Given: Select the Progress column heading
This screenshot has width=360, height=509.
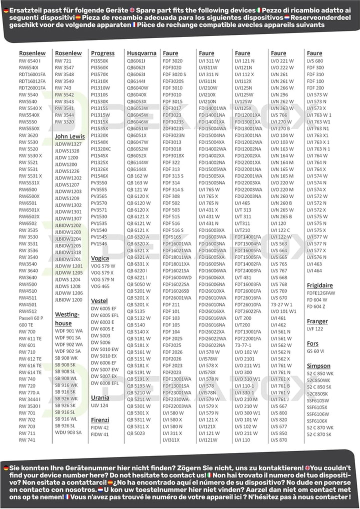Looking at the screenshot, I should [x=102, y=53].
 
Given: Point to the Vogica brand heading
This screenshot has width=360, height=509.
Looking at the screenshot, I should [x=100, y=258].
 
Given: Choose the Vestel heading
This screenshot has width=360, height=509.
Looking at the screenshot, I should [x=99, y=301].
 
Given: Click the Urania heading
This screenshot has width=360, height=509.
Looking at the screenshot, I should [x=100, y=397].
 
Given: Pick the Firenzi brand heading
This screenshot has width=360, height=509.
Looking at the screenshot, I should [x=100, y=420].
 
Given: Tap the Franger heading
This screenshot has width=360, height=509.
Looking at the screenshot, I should [x=317, y=321].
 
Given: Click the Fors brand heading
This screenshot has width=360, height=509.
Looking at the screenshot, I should [x=312, y=343].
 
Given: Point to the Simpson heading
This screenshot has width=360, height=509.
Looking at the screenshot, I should [x=318, y=366].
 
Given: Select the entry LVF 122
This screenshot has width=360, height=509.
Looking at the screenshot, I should [x=315, y=329].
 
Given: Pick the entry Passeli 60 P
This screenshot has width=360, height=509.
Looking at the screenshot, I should [x=31, y=318].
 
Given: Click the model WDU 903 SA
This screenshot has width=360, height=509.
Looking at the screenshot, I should [x=68, y=432].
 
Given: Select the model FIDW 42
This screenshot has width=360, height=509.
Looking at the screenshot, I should [x=99, y=428].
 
